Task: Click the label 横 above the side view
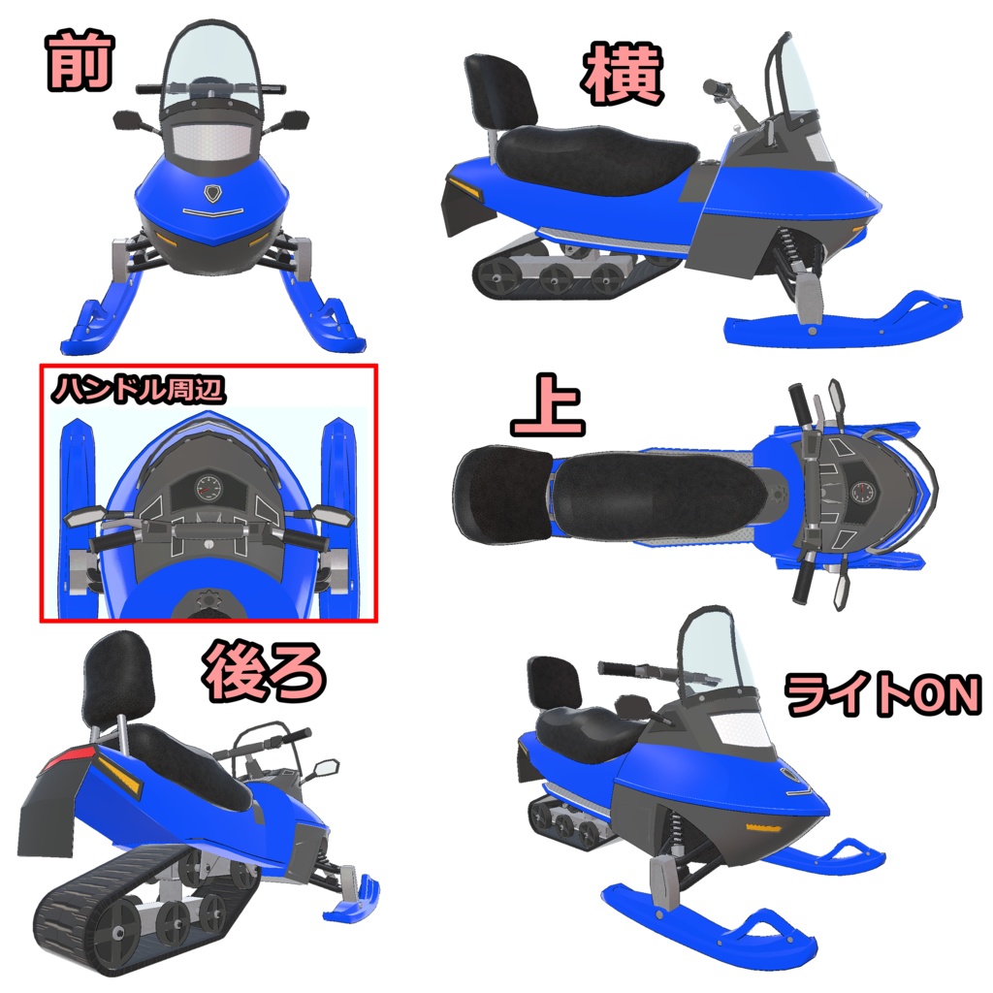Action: [x=623, y=77]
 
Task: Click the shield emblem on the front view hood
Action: [x=211, y=192]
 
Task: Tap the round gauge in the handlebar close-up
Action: [x=207, y=488]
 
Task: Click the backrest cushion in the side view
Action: [x=500, y=89]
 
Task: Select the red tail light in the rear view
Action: [x=72, y=755]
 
